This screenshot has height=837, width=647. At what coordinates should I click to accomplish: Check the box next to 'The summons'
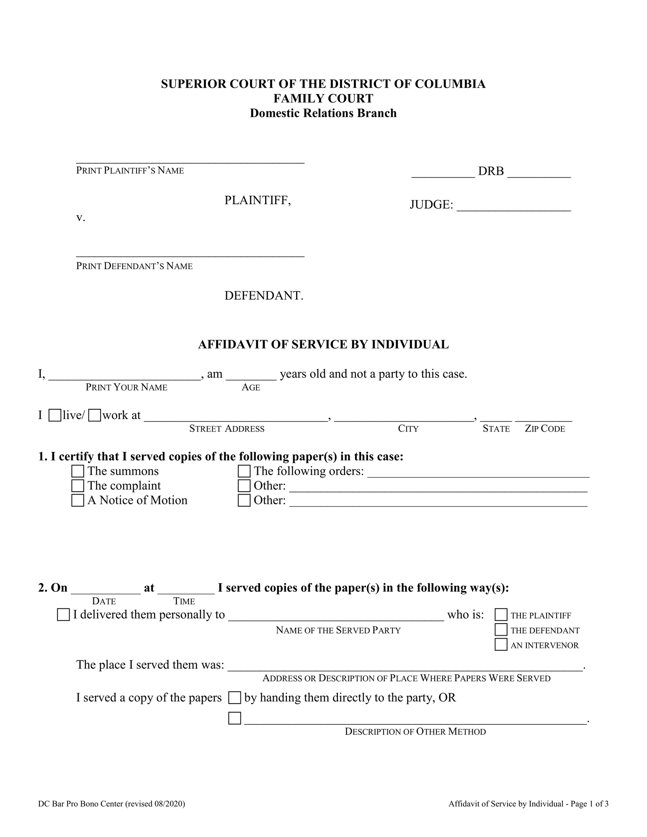click(x=77, y=471)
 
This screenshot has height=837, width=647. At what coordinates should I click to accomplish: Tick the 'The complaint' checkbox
click(x=77, y=486)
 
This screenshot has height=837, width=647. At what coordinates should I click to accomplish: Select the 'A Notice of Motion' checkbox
click(x=77, y=501)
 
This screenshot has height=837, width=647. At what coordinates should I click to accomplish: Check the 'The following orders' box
click(x=244, y=471)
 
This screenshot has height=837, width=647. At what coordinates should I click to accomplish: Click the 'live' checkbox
click(x=54, y=416)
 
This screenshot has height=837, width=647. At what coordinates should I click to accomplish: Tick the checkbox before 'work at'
click(x=95, y=416)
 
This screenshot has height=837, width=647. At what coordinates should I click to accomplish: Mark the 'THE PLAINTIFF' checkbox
click(x=501, y=615)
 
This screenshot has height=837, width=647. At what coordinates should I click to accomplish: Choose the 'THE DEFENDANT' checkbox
click(x=501, y=630)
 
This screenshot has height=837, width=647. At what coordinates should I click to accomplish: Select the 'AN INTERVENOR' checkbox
click(x=501, y=644)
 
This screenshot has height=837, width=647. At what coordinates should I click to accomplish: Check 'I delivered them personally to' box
click(x=63, y=615)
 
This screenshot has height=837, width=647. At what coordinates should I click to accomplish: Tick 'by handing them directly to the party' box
click(x=235, y=698)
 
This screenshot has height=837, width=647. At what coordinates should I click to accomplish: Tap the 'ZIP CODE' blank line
click(x=543, y=418)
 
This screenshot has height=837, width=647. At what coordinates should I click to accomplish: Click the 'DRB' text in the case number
click(x=491, y=171)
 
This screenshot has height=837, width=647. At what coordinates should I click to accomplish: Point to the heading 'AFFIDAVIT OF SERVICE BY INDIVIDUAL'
click(x=323, y=344)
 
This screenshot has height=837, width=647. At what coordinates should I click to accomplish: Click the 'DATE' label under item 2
click(x=104, y=601)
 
